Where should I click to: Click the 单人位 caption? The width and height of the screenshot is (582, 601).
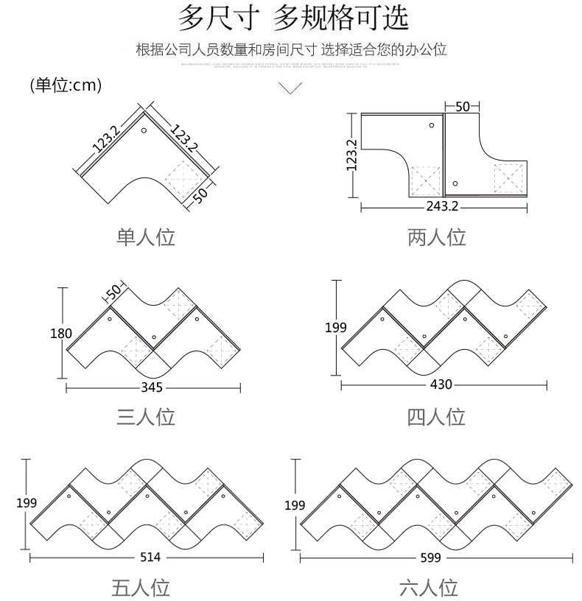click(x=146, y=237)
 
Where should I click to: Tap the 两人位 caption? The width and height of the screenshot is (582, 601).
click(x=437, y=237)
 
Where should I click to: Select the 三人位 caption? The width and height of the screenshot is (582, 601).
click(x=146, y=417)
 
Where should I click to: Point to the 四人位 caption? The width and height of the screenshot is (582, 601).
click(x=437, y=417)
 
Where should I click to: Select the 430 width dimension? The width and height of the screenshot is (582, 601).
click(x=441, y=384)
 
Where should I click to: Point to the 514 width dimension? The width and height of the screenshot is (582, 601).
click(x=150, y=557)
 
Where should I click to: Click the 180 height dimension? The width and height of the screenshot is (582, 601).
click(x=61, y=334)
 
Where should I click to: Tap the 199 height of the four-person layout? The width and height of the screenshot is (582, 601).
click(x=336, y=327)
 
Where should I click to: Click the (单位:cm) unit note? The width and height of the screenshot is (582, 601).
click(x=66, y=85)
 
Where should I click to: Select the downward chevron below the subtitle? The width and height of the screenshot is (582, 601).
click(x=292, y=88)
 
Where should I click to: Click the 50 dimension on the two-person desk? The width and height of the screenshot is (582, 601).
click(x=462, y=106)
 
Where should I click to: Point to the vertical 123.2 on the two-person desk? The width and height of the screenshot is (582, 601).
click(x=351, y=155)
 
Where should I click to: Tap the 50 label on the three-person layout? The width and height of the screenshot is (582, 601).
click(x=113, y=292)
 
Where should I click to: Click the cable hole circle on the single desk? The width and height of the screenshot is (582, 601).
click(x=144, y=131)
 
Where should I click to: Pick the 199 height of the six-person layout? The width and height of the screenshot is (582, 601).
click(x=295, y=505)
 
